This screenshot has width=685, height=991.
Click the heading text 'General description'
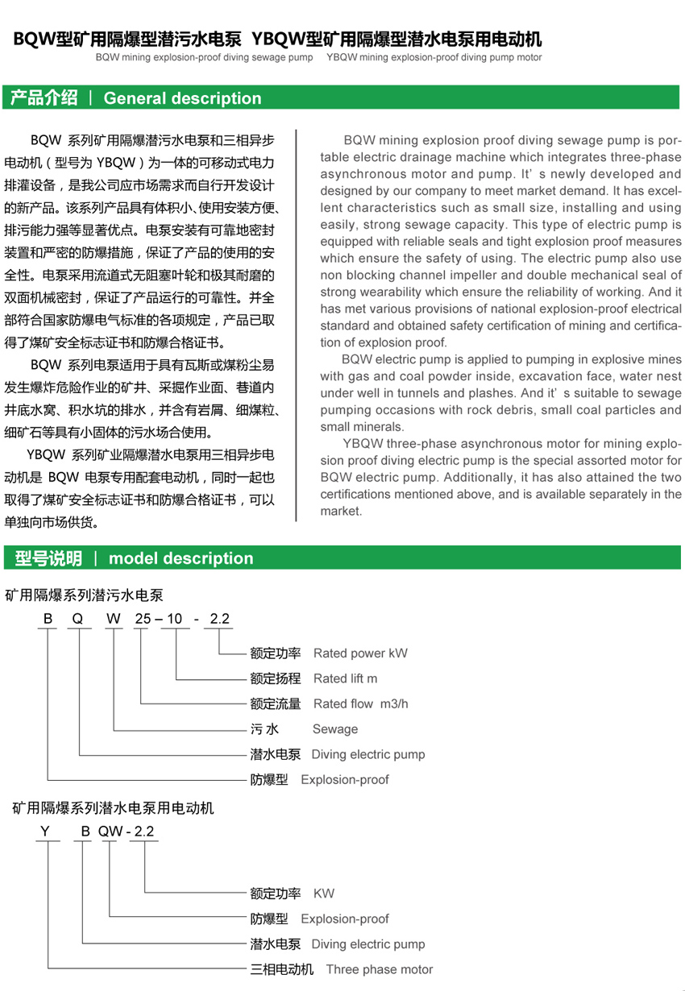[x=183, y=98]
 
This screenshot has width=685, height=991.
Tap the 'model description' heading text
[x=181, y=558]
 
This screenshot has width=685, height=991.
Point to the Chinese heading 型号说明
[x=48, y=558]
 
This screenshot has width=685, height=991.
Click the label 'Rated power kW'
[x=360, y=653]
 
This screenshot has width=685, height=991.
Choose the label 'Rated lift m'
[x=345, y=678]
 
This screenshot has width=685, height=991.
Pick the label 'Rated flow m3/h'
[x=360, y=703]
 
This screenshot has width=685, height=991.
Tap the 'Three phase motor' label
[x=379, y=969]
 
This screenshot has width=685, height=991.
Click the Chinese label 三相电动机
[x=282, y=969]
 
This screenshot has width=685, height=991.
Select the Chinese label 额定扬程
[x=276, y=678]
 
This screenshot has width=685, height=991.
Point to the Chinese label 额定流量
[x=276, y=703]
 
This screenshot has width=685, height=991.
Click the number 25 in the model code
[x=142, y=619]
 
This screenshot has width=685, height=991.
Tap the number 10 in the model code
[x=174, y=619]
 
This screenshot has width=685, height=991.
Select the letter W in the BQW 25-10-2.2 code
[x=114, y=619]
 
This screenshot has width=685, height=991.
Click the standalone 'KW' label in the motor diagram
[x=323, y=893]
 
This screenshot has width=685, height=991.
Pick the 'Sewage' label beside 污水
[x=334, y=729]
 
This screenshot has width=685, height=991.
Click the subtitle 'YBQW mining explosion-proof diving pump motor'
[x=434, y=58]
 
